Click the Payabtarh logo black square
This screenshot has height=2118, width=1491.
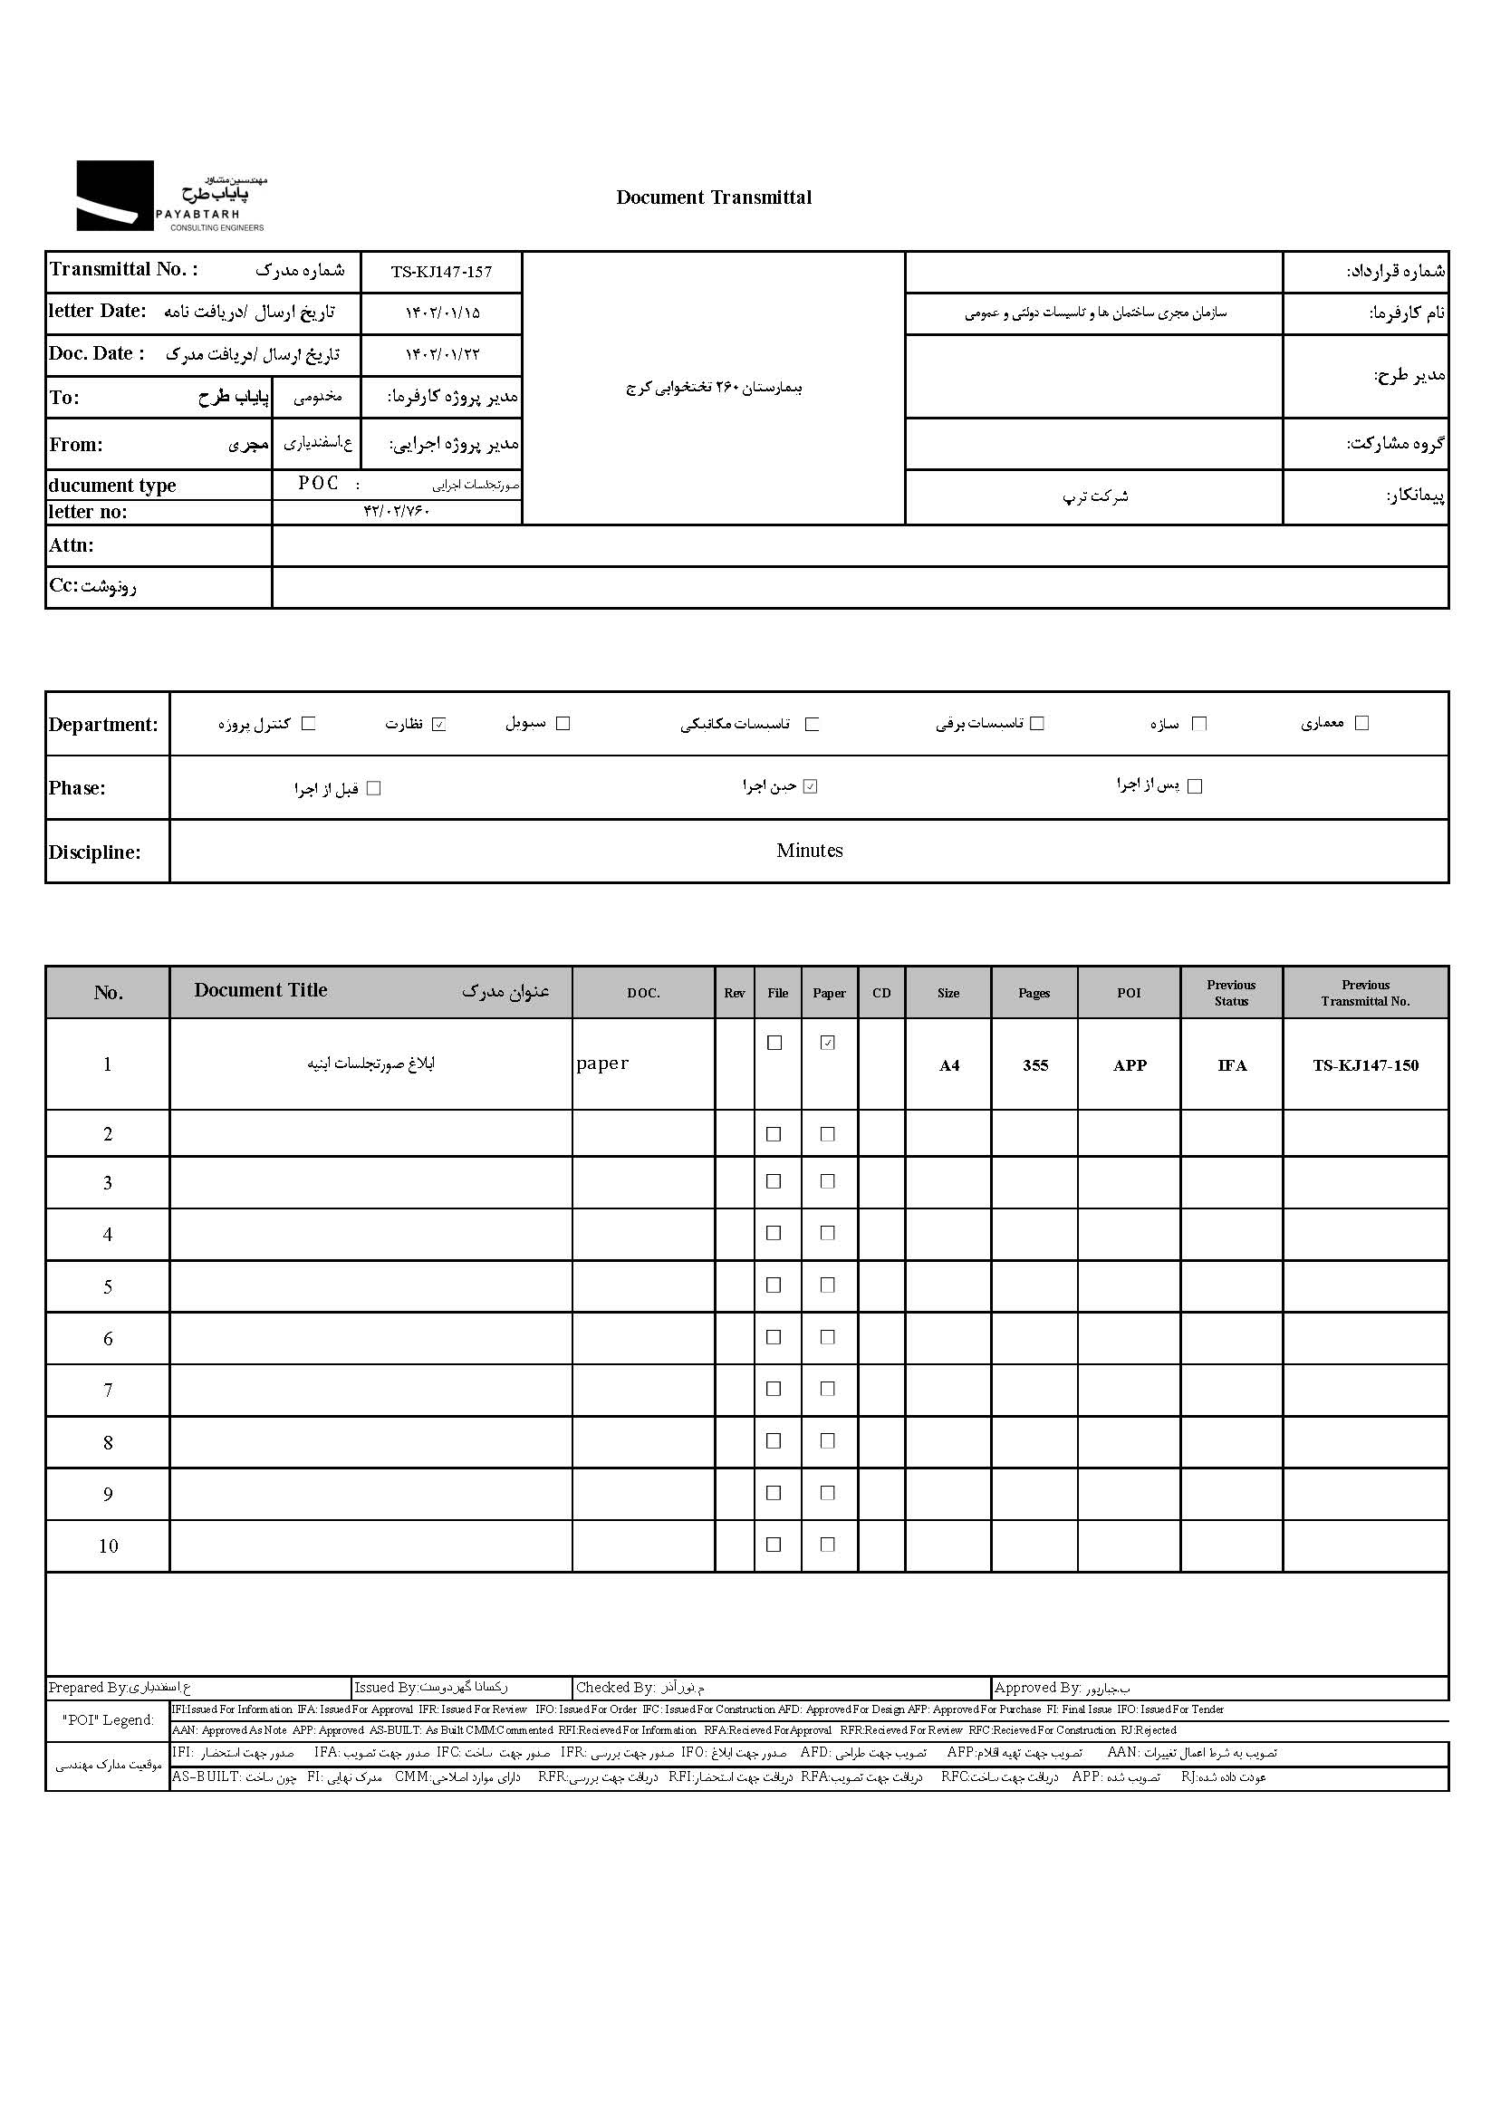point(114,196)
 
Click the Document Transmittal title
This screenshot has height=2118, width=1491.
point(714,197)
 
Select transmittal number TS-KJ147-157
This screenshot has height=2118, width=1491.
point(441,272)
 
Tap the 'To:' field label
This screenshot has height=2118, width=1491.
point(64,398)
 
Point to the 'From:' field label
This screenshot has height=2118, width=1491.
point(76,445)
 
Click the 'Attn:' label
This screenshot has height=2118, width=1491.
point(71,545)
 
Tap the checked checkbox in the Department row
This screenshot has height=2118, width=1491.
point(439,724)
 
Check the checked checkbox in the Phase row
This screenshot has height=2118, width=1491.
point(810,787)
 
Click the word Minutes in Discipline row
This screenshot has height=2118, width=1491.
point(809,851)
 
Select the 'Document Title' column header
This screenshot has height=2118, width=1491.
point(261,991)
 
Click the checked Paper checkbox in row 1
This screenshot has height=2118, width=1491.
point(828,1043)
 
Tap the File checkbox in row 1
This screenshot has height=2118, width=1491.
point(775,1043)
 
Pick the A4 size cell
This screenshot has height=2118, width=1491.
point(948,1065)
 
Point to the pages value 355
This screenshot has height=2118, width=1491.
point(1035,1065)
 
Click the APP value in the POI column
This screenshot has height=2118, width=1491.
point(1130,1065)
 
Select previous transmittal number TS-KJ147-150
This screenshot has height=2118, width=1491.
point(1365,1065)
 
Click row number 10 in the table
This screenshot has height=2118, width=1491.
point(108,1546)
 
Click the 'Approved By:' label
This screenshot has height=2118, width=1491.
point(1037,1687)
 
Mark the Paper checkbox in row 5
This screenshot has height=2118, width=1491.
point(828,1285)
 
